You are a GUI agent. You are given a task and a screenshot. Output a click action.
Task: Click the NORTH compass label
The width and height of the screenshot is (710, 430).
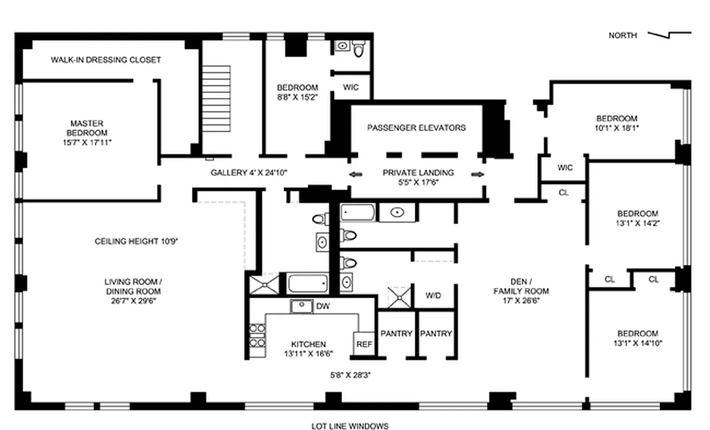(622, 35)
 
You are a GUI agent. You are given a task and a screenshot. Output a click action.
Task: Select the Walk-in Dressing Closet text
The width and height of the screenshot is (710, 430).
(105, 60)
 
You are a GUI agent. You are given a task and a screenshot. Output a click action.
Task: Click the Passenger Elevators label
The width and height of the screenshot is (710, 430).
(416, 128)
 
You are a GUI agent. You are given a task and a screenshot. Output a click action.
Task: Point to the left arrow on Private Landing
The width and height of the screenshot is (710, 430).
(354, 174)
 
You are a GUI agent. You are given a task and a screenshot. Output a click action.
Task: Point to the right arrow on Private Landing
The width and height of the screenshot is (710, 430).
(477, 174)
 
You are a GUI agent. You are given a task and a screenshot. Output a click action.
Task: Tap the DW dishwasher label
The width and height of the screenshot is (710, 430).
(323, 306)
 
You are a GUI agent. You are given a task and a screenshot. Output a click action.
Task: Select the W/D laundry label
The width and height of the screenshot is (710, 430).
(434, 296)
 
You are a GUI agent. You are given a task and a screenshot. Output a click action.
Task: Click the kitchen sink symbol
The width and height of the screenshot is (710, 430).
(302, 306)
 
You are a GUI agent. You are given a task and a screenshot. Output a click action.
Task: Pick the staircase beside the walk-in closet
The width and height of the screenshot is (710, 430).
(217, 99)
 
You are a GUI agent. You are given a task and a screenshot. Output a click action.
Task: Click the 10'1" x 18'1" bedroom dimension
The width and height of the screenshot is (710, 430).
(616, 128)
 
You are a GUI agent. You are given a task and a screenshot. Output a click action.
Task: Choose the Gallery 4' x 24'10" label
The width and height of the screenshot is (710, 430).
(249, 173)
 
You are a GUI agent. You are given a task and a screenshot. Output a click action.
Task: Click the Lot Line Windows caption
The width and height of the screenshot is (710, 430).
(350, 426)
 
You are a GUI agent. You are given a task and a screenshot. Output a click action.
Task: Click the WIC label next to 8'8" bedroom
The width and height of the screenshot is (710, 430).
(350, 88)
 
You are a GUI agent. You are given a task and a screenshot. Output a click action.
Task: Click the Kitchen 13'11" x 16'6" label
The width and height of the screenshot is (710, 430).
(308, 349)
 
